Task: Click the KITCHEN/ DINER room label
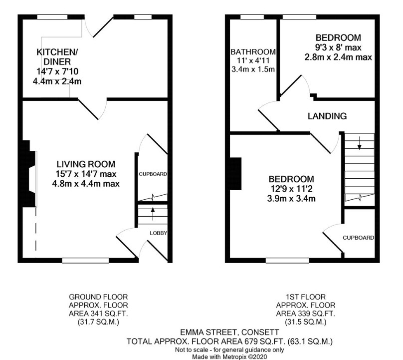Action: pyautogui.click(x=57, y=57)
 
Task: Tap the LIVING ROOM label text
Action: pyautogui.click(x=86, y=164)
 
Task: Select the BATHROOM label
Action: pyautogui.click(x=253, y=52)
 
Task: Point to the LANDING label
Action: pyautogui.click(x=327, y=116)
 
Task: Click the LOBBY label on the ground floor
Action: pyautogui.click(x=158, y=233)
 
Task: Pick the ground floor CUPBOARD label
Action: pyautogui.click(x=153, y=174)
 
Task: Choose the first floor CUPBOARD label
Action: pyautogui.click(x=358, y=238)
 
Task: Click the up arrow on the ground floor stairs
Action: pyautogui.click(x=153, y=214)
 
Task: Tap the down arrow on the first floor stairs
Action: pyautogui.click(x=360, y=143)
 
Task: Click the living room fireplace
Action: pyautogui.click(x=29, y=174)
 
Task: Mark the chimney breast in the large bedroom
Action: pyautogui.click(x=235, y=174)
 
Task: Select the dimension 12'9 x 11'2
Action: pyautogui.click(x=291, y=189)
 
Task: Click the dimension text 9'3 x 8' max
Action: pyautogui.click(x=338, y=47)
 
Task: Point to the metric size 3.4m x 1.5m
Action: pyautogui.click(x=253, y=69)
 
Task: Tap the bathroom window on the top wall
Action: pyautogui.click(x=252, y=17)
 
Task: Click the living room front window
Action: pyautogui.click(x=85, y=261)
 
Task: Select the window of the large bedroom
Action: pyautogui.click(x=287, y=261)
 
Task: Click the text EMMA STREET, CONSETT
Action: pyautogui.click(x=229, y=332)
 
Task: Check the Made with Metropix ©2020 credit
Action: pyautogui.click(x=229, y=357)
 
